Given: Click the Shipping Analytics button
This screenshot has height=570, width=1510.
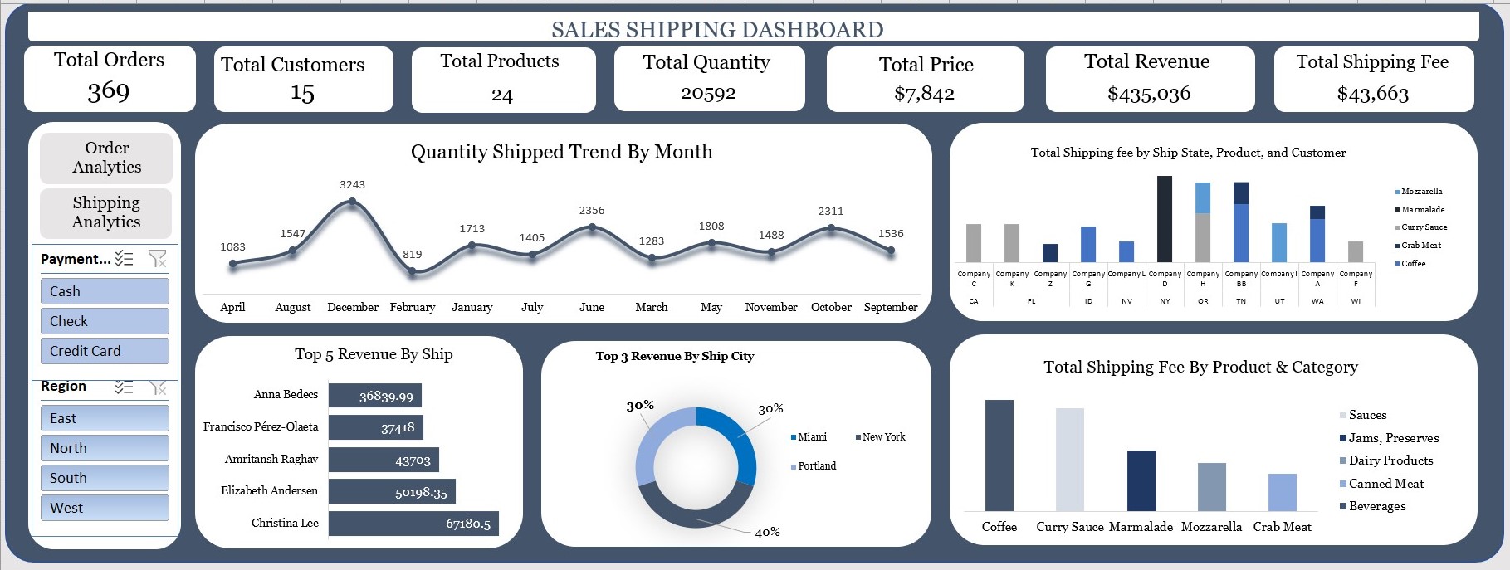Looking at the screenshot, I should point(106,212).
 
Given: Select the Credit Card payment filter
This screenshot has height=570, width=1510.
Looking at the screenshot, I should point(105,351).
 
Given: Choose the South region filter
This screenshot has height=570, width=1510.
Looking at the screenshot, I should point(105,478).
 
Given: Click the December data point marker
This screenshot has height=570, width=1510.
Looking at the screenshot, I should point(352,202).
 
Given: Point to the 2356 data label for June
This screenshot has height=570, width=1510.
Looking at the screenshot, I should point(592,211).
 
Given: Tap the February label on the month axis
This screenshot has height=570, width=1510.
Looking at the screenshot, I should point(413,307).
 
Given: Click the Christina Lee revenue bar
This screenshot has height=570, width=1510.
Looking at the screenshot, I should point(413,524).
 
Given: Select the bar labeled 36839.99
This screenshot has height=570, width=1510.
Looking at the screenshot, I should point(375,396).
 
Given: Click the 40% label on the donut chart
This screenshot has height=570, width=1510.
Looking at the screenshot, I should point(767,533).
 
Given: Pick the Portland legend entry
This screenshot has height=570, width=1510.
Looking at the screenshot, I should point(816,466).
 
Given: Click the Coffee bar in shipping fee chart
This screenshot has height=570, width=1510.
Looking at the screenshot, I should point(999,456).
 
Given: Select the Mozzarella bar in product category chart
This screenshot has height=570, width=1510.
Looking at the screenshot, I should point(1211,487).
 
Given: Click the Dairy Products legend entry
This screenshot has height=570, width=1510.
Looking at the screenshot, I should point(1390,460).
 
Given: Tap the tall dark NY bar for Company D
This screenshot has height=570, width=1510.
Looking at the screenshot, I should point(1165,219).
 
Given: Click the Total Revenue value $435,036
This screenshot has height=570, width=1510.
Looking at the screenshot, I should point(1149,94).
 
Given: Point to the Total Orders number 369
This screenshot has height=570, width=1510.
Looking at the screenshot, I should point(109,90).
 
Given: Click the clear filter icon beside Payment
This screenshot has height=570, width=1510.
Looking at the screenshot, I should point(157,259).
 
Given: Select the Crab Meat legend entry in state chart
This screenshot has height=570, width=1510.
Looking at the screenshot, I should point(1420,246).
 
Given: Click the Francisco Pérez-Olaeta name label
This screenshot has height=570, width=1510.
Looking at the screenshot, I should point(261,426).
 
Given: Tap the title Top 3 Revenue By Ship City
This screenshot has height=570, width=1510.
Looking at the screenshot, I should point(674,356).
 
